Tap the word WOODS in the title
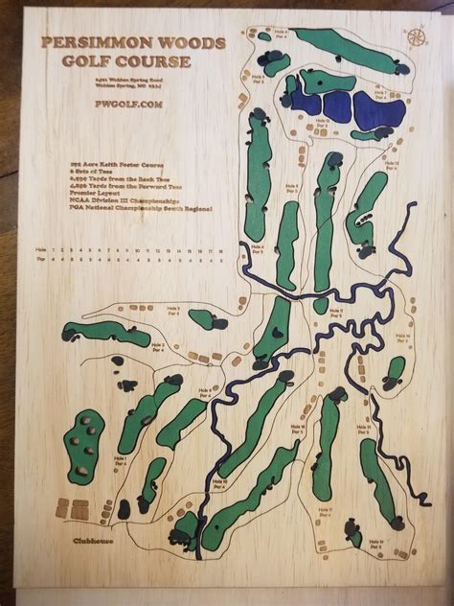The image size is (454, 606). [x=193, y=44]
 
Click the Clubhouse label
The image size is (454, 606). [x=95, y=541]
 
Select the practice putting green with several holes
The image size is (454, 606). [x=84, y=446]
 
